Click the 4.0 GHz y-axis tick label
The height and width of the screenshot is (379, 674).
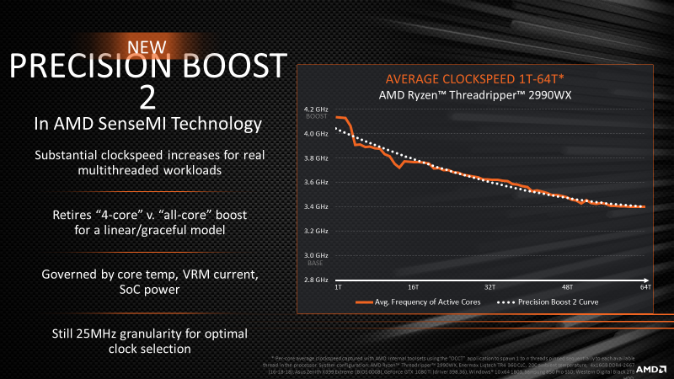[315, 134]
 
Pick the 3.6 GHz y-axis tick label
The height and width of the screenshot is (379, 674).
[315, 182]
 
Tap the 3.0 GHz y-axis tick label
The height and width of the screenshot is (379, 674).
[315, 255]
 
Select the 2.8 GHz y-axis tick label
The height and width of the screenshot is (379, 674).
[315, 280]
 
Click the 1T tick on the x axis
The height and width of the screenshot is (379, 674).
[338, 287]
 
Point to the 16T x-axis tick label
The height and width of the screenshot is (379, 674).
[413, 287]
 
